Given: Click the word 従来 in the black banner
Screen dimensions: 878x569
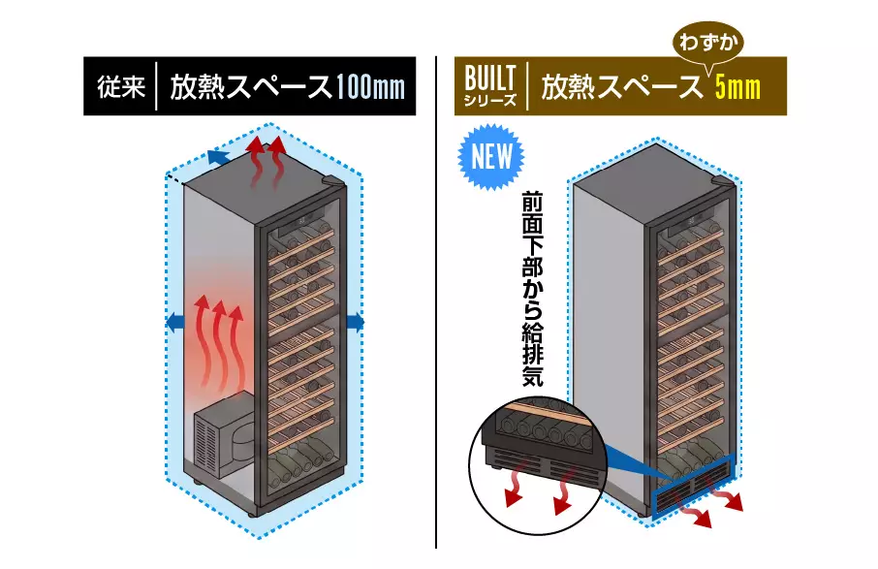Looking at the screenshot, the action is [x=121, y=87].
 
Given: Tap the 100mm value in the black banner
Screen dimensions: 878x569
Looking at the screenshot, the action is [x=370, y=87].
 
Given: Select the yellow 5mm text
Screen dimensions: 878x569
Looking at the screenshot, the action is [x=738, y=87].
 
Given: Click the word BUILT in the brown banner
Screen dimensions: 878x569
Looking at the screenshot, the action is [x=489, y=78].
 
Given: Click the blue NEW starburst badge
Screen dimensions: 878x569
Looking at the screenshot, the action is [x=491, y=157].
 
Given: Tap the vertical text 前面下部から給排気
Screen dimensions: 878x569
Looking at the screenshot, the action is [x=532, y=289].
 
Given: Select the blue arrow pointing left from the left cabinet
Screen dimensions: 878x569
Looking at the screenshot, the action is [x=175, y=322].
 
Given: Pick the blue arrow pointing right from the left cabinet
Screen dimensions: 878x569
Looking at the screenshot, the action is [x=356, y=322].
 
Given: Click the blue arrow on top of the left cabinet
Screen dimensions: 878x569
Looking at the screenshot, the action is [x=218, y=157].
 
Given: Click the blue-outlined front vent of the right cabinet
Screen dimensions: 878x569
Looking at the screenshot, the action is [x=693, y=488].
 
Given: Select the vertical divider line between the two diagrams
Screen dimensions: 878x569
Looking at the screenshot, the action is [x=436, y=302].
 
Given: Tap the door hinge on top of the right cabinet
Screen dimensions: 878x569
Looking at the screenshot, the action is [x=723, y=182].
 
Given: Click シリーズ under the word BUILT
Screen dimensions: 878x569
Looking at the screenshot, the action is [x=489, y=101].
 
